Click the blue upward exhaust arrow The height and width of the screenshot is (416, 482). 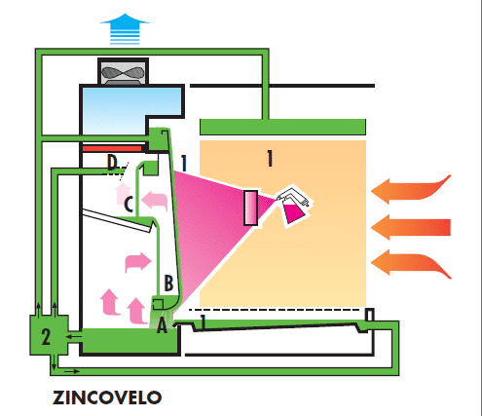[x=125, y=28]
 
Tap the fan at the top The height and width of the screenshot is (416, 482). [x=123, y=73]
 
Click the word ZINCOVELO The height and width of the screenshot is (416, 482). [x=107, y=397]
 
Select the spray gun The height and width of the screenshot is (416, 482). [x=295, y=206]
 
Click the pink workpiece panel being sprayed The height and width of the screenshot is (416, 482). [x=251, y=208]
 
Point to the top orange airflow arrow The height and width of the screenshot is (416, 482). [x=411, y=189]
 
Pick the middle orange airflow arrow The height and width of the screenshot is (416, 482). [x=411, y=227]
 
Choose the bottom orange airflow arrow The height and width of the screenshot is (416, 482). [x=411, y=262]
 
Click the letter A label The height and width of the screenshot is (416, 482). [x=162, y=326]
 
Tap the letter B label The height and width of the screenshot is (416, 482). [x=168, y=283]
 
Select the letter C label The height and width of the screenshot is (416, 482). [x=129, y=205]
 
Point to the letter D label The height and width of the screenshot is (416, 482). [x=112, y=163]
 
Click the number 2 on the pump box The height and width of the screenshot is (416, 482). [x=46, y=337]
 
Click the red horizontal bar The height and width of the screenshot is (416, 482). [x=112, y=149]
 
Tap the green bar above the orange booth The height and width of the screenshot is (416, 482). [x=282, y=127]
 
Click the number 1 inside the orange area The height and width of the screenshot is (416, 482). [x=269, y=159]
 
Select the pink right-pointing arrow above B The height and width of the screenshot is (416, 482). [x=138, y=262]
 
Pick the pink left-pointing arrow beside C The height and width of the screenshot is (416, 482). [x=155, y=200]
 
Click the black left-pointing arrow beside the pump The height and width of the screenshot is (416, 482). [x=74, y=336]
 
